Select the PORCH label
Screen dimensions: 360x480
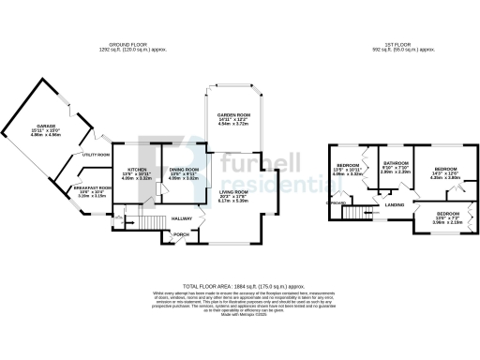[x=182, y=235]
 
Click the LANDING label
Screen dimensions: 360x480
[x=393, y=203]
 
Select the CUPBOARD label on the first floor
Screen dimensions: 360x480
[x=334, y=202]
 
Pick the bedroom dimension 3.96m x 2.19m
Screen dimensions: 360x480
[x=446, y=222]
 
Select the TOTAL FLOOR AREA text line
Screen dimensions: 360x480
[x=239, y=283]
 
